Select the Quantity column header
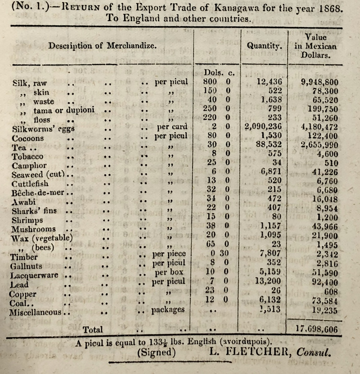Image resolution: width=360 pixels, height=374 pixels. point(264,46)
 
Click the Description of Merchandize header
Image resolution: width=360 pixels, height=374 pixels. point(103,46)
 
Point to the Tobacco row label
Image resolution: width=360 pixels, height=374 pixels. point(27,156)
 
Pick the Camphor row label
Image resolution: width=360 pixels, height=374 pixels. point(29,165)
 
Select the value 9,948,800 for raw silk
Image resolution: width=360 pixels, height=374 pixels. point(320,82)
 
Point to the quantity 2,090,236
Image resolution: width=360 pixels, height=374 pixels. point(262,127)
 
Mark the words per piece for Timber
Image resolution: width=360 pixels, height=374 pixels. point(169,254)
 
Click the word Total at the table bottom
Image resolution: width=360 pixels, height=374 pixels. point(93,329)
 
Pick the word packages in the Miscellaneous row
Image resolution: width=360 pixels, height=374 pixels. point(168,309)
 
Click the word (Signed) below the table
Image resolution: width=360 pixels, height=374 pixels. point(156,352)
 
